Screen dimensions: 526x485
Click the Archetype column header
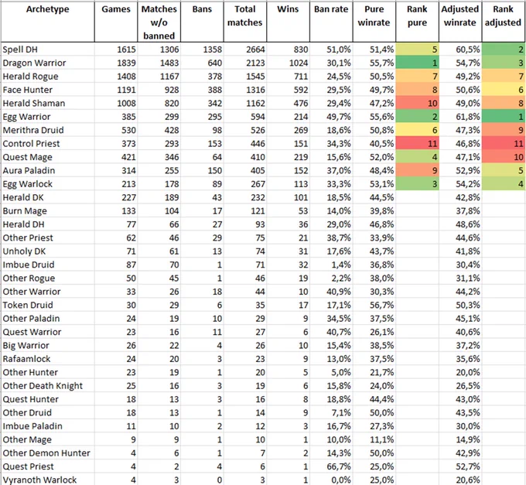pos(48,9)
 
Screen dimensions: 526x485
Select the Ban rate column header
pos(331,9)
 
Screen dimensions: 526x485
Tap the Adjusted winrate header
pos(460,15)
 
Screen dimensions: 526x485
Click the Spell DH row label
pos(20,50)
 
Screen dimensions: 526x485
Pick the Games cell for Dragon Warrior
pos(126,63)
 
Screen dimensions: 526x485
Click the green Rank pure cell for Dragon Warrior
pos(417,63)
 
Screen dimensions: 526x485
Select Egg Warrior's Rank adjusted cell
pos(504,116)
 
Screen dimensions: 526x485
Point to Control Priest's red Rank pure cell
pos(417,144)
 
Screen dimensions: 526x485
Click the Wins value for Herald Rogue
pos(301,76)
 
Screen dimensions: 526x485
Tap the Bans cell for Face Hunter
pos(214,90)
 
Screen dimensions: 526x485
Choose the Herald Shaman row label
pos(34,103)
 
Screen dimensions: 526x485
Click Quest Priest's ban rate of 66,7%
pos(339,466)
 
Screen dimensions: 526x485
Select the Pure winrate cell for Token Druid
pos(382,305)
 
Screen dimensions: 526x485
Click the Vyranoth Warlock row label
pos(39,480)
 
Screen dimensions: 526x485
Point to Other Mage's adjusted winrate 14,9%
pos(468,439)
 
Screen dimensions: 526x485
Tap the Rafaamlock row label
pos(26,359)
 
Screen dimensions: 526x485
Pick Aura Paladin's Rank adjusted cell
pos(504,170)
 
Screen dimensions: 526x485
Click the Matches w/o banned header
pos(159,22)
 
